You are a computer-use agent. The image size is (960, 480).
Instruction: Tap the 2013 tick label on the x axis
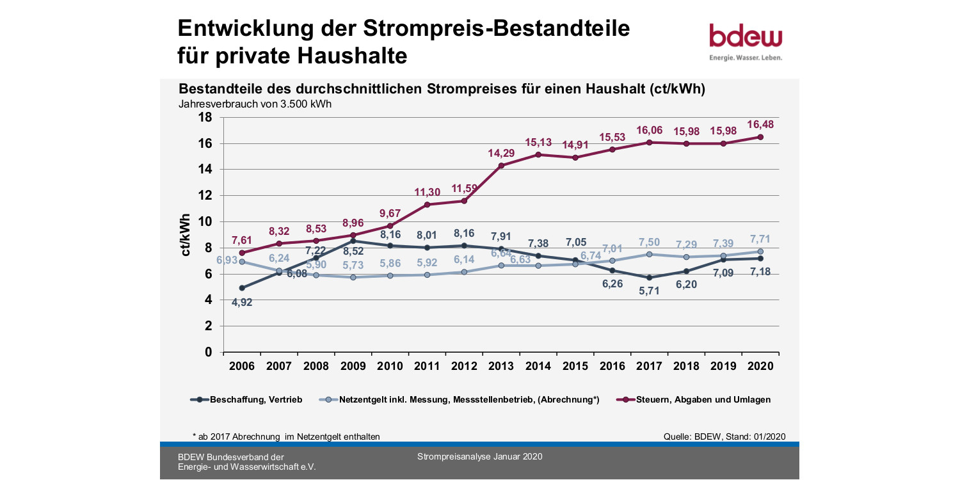(501, 366)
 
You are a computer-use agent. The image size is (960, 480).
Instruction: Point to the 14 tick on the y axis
(204, 169)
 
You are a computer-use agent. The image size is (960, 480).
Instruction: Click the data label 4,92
(242, 302)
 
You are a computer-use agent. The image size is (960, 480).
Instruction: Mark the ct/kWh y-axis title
(186, 235)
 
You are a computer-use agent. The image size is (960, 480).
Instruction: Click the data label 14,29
(501, 153)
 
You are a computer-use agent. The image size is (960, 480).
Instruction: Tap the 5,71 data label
(649, 291)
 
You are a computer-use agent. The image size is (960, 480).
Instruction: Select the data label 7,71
(760, 239)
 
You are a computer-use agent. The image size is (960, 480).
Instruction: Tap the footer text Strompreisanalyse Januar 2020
(479, 456)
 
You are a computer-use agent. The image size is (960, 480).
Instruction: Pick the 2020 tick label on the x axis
(760, 366)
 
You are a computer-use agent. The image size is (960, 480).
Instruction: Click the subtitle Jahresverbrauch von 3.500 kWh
(255, 104)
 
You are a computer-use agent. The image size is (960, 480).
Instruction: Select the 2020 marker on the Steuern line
(760, 137)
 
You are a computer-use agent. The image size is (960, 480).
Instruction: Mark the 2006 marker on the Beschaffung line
(242, 287)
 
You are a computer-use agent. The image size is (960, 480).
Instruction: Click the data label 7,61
(242, 241)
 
